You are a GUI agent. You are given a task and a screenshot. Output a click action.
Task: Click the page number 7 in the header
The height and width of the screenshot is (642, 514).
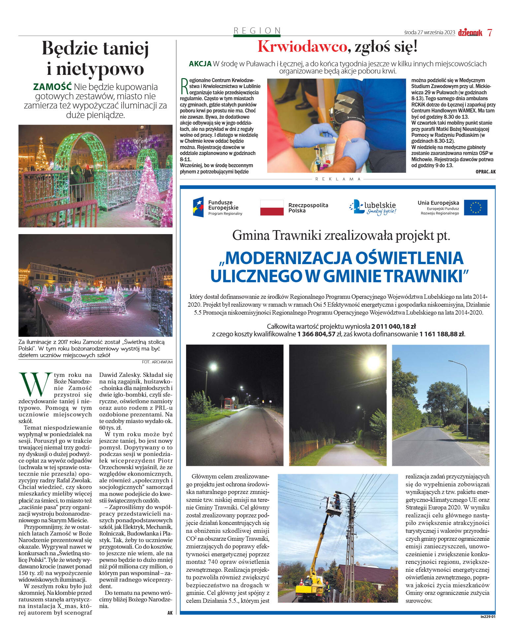490,33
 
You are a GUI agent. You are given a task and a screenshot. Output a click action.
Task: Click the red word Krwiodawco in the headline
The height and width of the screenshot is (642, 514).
302,46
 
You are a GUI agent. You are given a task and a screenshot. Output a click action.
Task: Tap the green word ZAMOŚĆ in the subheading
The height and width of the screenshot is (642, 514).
52,87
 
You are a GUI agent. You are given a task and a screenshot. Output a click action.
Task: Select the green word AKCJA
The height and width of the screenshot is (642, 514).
200,64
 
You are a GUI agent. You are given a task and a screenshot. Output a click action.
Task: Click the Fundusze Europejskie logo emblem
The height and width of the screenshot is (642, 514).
198,207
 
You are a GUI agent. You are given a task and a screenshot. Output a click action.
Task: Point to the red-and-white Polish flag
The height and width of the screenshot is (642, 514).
272,208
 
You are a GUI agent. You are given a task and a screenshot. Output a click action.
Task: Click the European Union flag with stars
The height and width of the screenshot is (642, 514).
475,208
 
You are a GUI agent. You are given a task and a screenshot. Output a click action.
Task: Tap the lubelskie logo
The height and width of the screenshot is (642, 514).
373,207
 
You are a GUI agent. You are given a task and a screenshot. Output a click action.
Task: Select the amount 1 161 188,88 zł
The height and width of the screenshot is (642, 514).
442,334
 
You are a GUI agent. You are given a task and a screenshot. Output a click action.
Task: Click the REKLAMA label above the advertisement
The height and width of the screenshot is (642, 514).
338,179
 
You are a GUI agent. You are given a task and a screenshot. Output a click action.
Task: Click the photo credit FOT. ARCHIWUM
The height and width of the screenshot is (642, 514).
157,362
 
